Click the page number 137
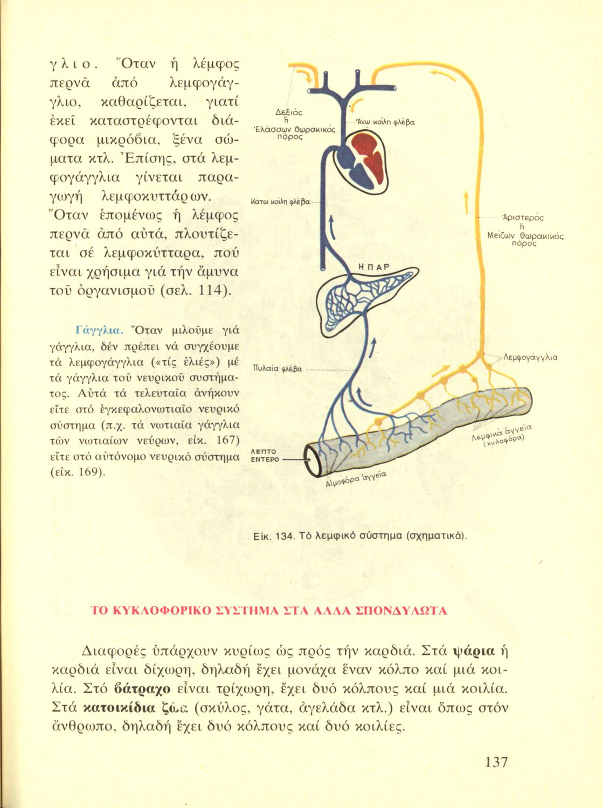[x=496, y=762]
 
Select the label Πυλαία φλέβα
[x=277, y=369]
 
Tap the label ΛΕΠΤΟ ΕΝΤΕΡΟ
[x=266, y=456]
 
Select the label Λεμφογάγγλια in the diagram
[x=530, y=357]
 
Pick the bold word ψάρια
[x=474, y=651]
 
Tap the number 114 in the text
[x=211, y=290]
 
